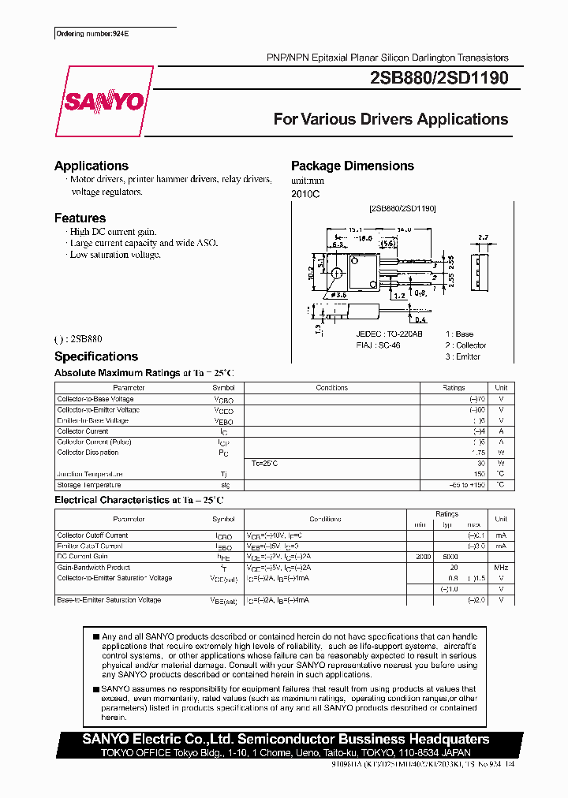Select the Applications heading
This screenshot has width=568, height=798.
tap(91, 166)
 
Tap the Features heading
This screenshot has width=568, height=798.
tap(80, 218)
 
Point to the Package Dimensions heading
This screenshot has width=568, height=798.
tap(352, 166)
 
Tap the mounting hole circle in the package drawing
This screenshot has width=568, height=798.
tap(337, 274)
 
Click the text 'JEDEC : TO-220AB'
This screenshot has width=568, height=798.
tap(389, 334)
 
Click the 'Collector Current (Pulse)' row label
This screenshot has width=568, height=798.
tap(94, 442)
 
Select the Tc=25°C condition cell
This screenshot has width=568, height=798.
tap(264, 463)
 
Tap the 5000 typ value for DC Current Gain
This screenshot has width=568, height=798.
tap(450, 557)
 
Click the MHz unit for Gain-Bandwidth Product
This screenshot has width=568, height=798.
tap(500, 568)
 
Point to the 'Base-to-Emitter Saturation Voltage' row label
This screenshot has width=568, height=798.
tap(109, 600)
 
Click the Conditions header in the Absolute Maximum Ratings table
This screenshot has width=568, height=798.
tap(331, 388)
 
